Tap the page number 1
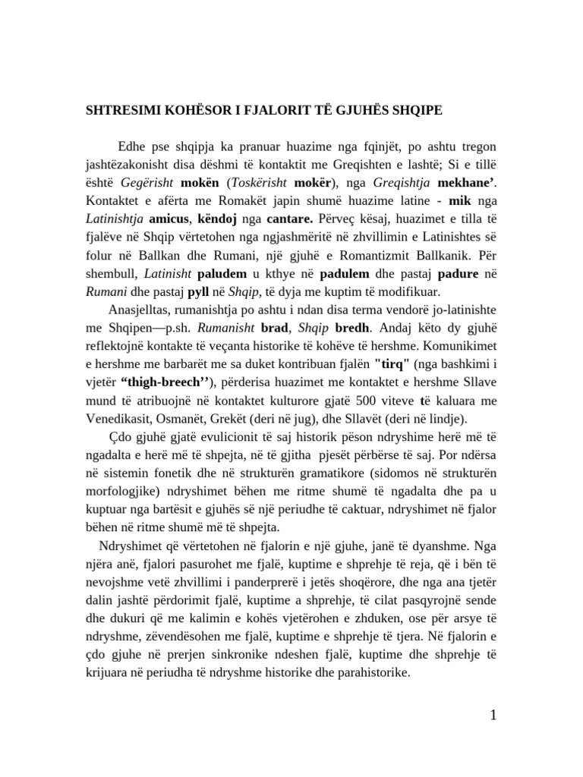click(493, 716)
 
